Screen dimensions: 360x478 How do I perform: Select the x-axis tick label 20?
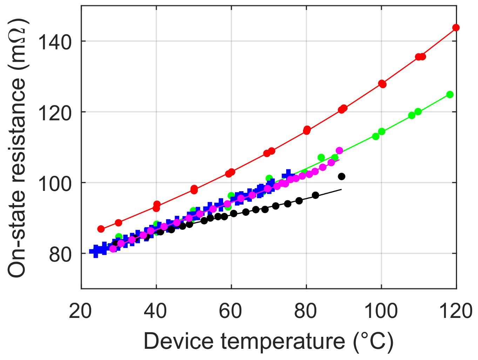(x=81, y=311)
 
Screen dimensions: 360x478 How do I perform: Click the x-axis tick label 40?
(x=156, y=311)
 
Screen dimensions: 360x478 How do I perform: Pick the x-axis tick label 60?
(x=231, y=311)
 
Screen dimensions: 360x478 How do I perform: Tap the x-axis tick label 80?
(x=306, y=311)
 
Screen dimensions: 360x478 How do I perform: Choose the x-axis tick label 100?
(x=381, y=311)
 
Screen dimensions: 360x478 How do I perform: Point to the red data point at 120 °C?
(x=456, y=28)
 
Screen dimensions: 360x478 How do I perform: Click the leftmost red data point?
(x=101, y=229)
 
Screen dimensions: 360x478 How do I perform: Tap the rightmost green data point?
(x=450, y=95)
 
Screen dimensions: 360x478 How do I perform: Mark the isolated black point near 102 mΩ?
(x=341, y=176)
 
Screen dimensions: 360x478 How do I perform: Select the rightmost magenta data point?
(x=339, y=151)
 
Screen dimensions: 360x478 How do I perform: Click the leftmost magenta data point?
(x=113, y=249)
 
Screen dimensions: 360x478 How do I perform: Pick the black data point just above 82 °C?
(x=315, y=195)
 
